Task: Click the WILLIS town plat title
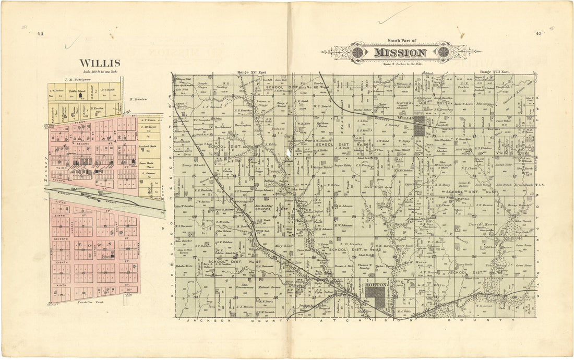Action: (100, 64)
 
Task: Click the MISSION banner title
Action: (400, 53)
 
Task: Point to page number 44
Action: (40, 34)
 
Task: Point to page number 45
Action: (538, 34)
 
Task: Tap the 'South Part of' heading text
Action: (400, 41)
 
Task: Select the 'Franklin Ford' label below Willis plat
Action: (88, 303)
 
